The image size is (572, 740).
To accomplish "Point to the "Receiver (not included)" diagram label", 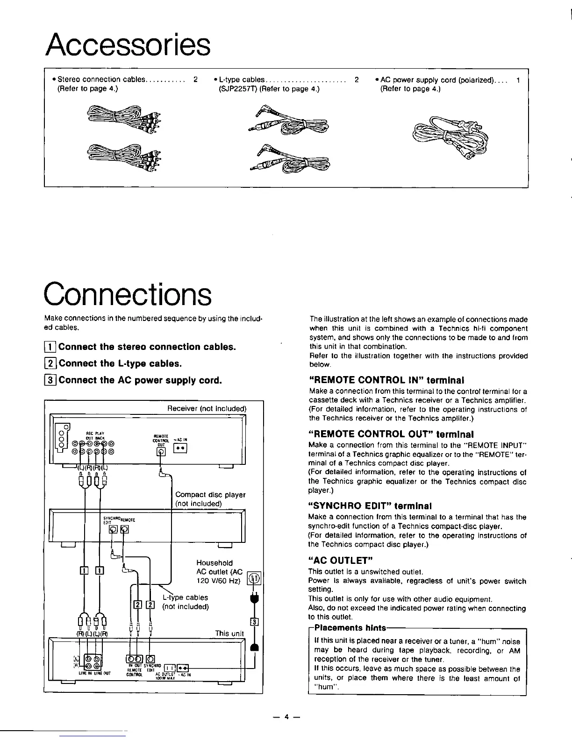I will tap(207, 409).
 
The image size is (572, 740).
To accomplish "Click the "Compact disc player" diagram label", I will tap(210, 494).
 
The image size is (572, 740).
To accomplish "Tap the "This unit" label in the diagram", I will tap(229, 633).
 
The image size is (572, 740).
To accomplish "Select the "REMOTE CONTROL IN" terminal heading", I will tap(386, 380).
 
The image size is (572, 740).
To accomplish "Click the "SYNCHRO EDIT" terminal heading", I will tap(370, 506).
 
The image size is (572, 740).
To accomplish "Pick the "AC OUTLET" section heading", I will tap(340, 560).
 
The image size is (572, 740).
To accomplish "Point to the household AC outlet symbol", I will tap(255, 579).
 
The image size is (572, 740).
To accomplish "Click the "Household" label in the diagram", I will tap(214, 563).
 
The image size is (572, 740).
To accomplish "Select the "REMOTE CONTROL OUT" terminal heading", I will tap(391, 434).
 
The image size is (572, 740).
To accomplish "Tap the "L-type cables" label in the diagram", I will tap(185, 598).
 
